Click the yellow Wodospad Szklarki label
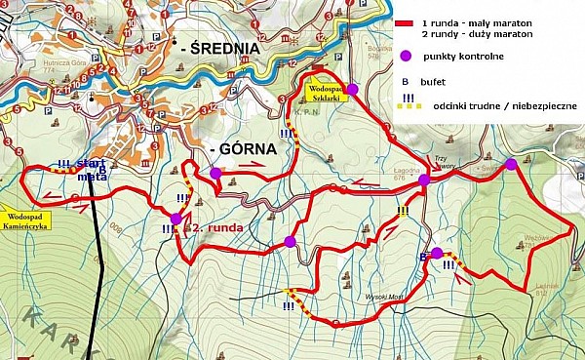[322, 92]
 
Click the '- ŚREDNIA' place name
[220, 47]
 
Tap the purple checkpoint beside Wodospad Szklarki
[353, 89]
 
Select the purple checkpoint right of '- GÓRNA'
[214, 173]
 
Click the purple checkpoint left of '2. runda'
[175, 218]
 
